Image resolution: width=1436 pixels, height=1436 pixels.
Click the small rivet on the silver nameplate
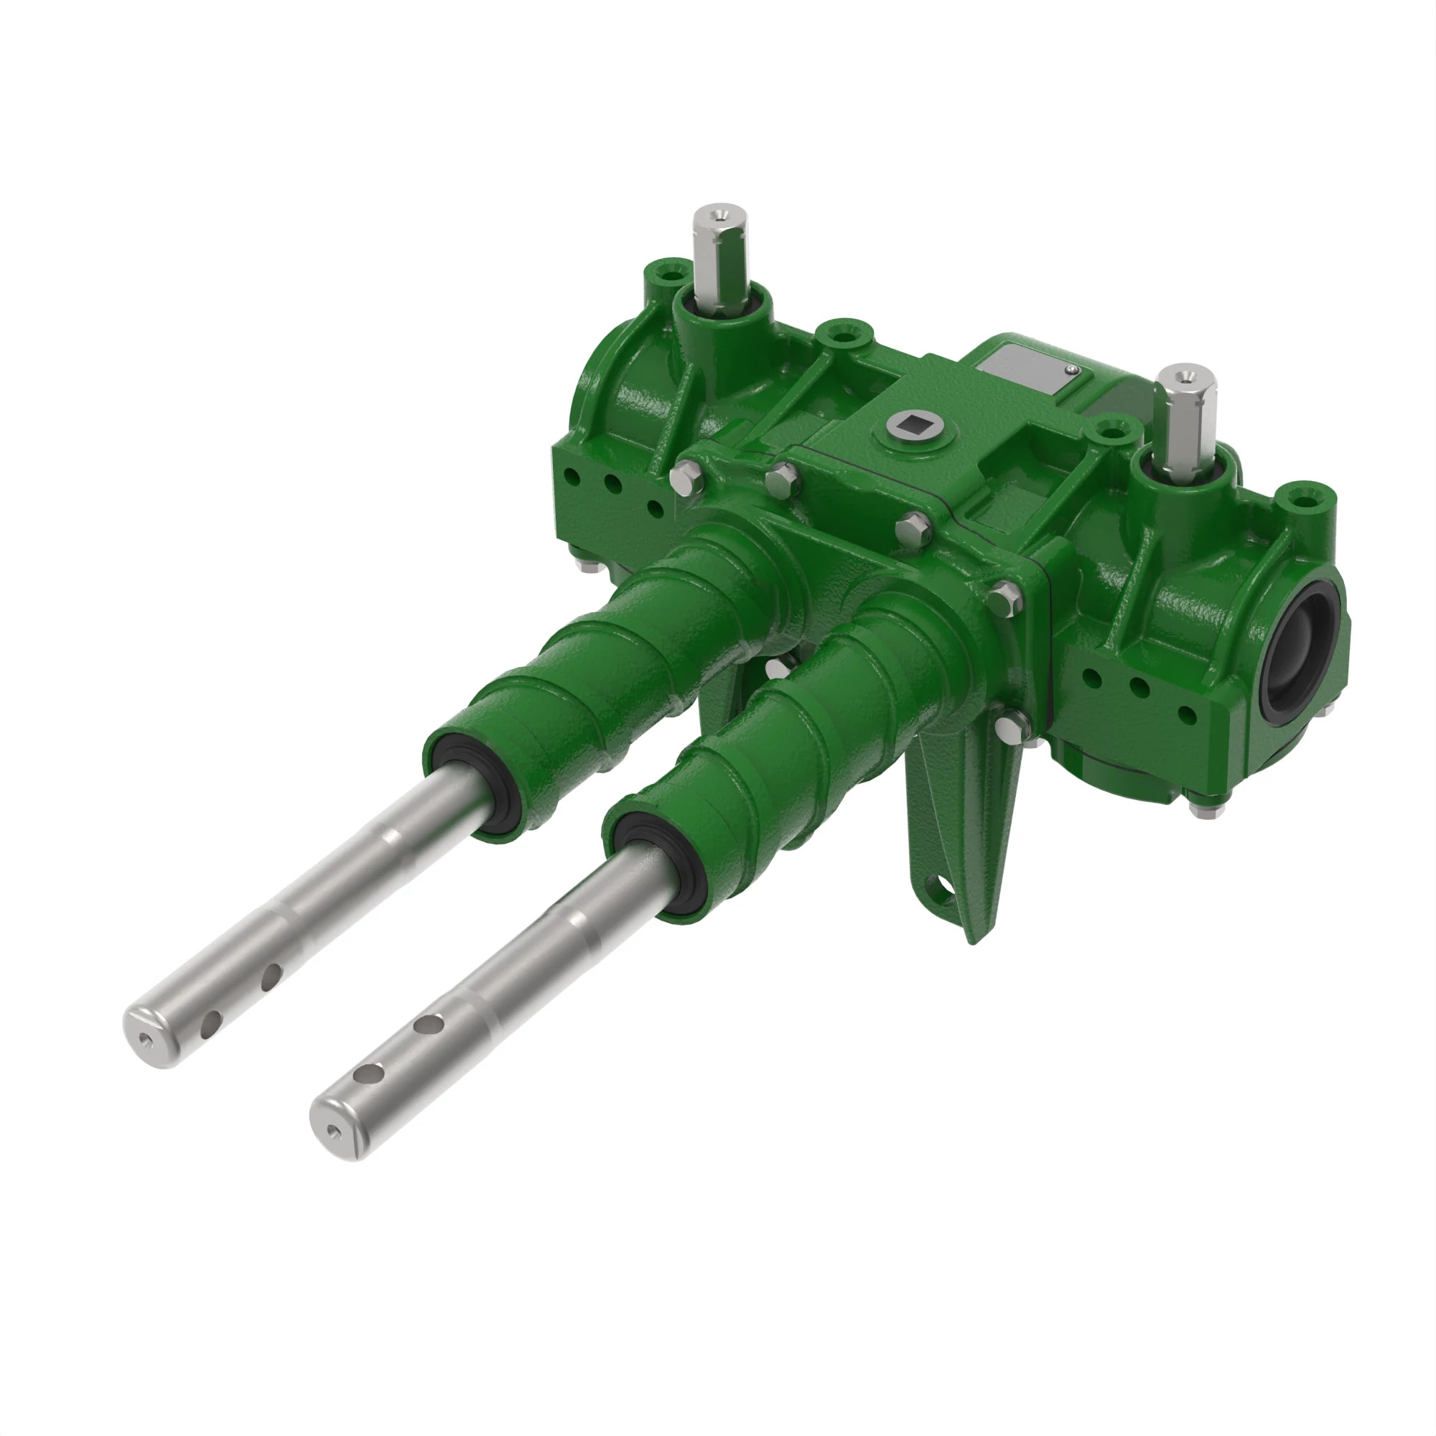[x=1070, y=369]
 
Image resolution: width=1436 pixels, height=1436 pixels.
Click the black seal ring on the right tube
[x=651, y=864]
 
